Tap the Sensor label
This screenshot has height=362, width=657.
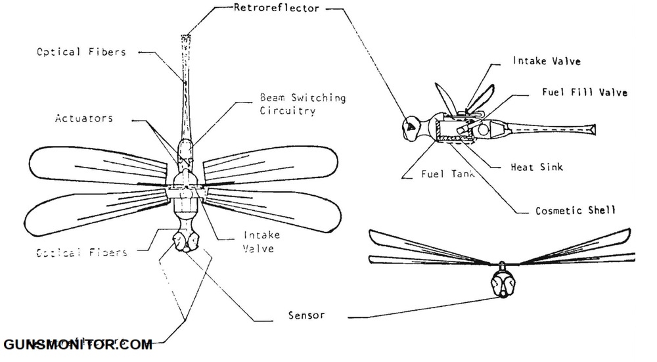point(307,315)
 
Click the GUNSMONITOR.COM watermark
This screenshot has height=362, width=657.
point(78,344)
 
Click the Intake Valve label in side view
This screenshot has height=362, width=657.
point(547,62)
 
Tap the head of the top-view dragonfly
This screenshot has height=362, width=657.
point(185,240)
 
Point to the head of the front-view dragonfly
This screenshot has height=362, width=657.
point(503,284)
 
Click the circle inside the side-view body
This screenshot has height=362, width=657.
point(483,130)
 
